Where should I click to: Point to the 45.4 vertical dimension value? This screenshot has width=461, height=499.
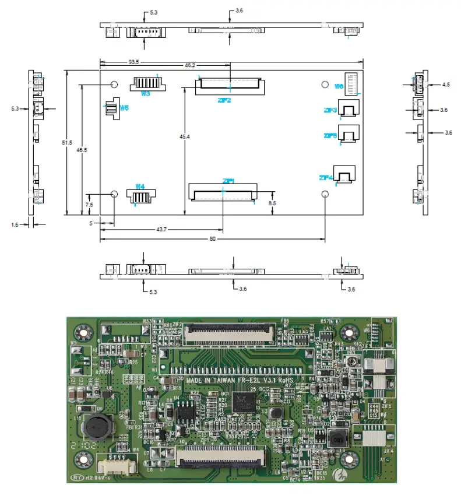[184, 136]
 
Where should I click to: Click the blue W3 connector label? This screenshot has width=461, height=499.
[145, 93]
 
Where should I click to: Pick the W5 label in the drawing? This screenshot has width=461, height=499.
[124, 108]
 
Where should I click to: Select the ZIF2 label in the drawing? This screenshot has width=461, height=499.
[224, 100]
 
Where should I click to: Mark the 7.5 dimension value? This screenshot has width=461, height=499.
[89, 205]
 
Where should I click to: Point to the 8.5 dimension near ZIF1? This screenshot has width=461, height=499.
[273, 203]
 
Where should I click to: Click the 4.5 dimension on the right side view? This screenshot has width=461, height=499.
[446, 85]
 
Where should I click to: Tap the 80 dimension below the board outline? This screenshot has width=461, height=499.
[212, 239]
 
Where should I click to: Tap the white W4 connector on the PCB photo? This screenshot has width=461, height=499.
[117, 466]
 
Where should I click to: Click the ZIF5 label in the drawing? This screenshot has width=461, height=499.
[330, 136]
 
